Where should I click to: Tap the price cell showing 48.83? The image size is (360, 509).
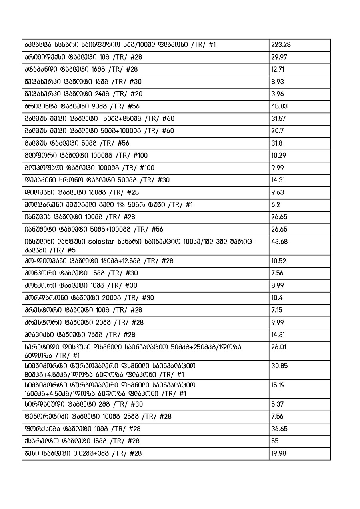pyautogui.click(x=279, y=106)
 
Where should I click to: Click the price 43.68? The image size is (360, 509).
pyautogui.click(x=279, y=242)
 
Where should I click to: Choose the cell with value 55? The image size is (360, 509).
pyautogui.click(x=275, y=441)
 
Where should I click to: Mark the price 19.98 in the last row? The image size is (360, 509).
pyautogui.click(x=279, y=453)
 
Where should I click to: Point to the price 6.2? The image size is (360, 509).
pyautogui.click(x=276, y=205)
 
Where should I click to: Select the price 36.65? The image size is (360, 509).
pyautogui.click(x=279, y=429)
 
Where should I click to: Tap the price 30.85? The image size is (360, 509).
pyautogui.click(x=279, y=366)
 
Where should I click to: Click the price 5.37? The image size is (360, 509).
pyautogui.click(x=277, y=404)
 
